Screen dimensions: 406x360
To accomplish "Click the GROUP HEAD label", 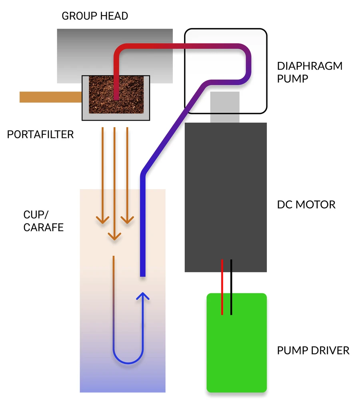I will pos(95,16).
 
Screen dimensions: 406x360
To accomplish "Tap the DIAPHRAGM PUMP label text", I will pos(310,72).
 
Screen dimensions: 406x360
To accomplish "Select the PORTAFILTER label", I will pos(40,134).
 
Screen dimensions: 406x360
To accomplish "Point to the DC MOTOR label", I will pos(306,205).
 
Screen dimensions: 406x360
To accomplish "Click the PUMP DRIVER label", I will pos(313,350).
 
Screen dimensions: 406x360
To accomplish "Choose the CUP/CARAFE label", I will pos(44,221).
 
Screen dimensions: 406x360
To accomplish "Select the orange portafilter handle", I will pos(50,97).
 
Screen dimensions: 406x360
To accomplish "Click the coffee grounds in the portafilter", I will pos(132,96).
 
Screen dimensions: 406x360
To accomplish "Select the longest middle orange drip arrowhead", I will pos(115,237).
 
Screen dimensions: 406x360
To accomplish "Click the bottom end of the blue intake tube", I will pos(142,274).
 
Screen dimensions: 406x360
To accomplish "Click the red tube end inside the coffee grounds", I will pos(116,97).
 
